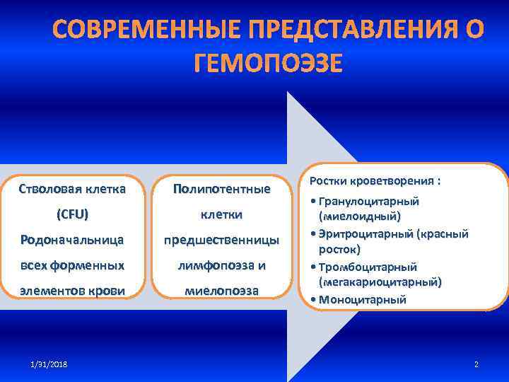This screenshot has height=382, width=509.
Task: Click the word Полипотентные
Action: (221, 189)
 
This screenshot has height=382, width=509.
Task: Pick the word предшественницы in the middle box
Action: (221, 240)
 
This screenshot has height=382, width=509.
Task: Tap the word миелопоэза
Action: (221, 291)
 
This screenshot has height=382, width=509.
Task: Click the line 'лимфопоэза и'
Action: (221, 265)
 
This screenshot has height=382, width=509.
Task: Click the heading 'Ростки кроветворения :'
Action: (375, 181)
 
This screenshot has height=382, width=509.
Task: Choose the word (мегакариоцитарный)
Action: (380, 282)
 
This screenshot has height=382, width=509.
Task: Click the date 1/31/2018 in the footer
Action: (50, 364)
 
